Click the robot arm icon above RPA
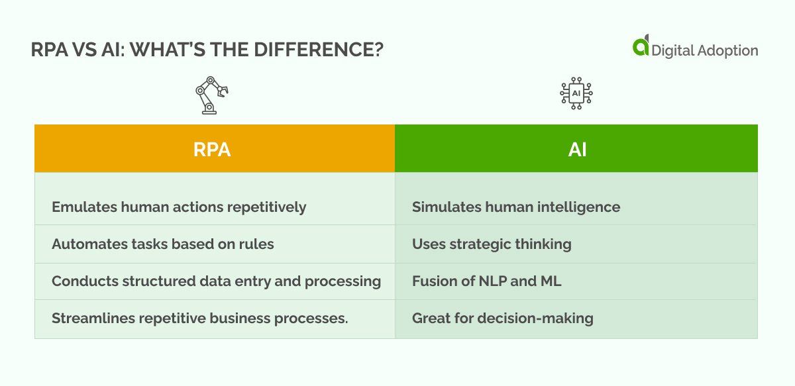coord(211,95)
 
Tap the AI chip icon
coord(576,93)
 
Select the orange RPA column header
coord(215,148)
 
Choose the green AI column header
coord(576,148)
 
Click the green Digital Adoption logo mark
coord(641,46)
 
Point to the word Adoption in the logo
coord(727,51)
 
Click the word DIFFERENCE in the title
coord(319,50)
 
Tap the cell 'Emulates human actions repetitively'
coord(215,207)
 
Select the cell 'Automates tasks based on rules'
coord(215,244)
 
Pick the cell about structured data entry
coord(215,281)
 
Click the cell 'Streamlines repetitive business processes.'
coord(215,318)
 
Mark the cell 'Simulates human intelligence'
coord(576,207)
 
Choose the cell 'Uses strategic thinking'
coord(576,244)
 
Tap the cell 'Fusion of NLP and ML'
coord(576,281)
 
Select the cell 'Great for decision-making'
coord(576,318)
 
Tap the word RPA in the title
coord(49,50)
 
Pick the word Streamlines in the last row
coord(93,318)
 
